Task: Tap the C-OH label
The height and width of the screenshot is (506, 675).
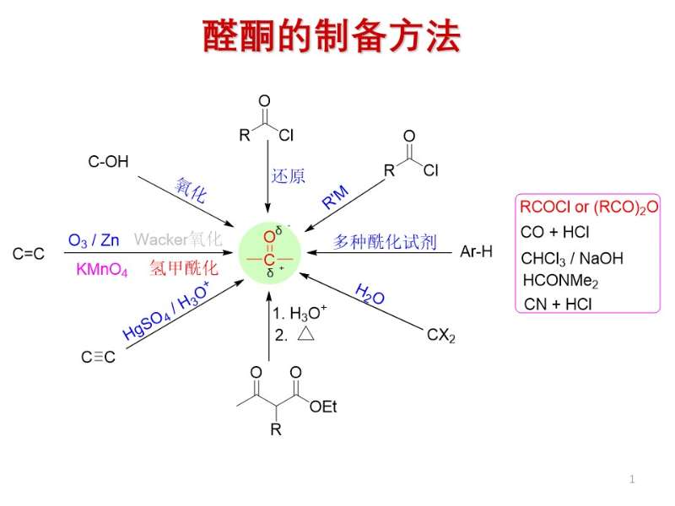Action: [109, 162]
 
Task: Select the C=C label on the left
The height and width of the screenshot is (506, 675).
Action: [29, 253]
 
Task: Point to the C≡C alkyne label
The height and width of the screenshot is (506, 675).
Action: [98, 357]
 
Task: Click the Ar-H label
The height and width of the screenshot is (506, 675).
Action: [476, 251]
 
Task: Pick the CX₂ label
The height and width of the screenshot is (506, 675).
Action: [440, 336]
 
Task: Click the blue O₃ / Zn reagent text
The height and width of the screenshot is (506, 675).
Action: [94, 240]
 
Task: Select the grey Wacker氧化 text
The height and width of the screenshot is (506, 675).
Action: [178, 240]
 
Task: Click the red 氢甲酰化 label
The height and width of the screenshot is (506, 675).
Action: [183, 269]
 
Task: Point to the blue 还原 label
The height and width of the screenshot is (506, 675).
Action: [289, 176]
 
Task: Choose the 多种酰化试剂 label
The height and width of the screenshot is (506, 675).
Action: [384, 243]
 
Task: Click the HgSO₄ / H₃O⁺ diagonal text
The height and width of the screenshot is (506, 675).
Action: [165, 311]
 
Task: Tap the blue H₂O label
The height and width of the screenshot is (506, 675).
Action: [370, 295]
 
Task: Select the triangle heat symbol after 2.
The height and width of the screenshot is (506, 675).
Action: [305, 334]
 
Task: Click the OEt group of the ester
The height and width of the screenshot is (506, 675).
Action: [323, 406]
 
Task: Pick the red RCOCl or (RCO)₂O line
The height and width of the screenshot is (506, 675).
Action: [589, 207]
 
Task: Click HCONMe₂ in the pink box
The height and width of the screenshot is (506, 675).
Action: [560, 280]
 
